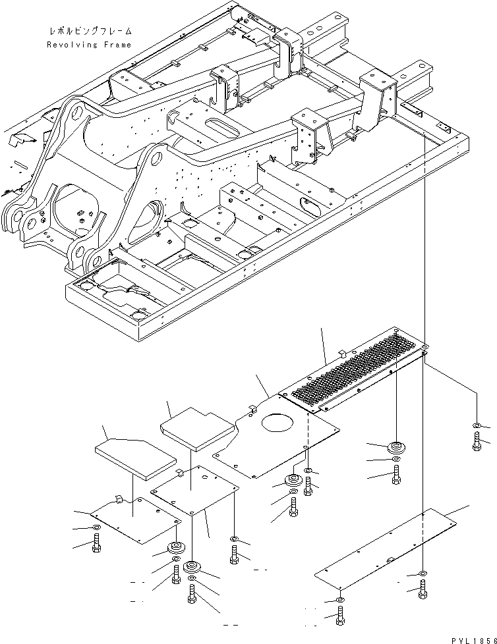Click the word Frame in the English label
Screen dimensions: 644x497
pos(117,45)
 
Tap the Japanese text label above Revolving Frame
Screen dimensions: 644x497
pos(90,31)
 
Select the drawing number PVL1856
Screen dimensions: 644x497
pos(474,639)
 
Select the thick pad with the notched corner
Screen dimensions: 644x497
pos(198,429)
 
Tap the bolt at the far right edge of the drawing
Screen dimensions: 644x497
pos(476,442)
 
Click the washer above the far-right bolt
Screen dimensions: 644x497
pos(476,427)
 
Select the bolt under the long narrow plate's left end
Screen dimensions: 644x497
pos(339,616)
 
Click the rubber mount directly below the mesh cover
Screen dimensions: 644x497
pos(395,446)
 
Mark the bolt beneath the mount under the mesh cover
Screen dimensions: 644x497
pos(395,475)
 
